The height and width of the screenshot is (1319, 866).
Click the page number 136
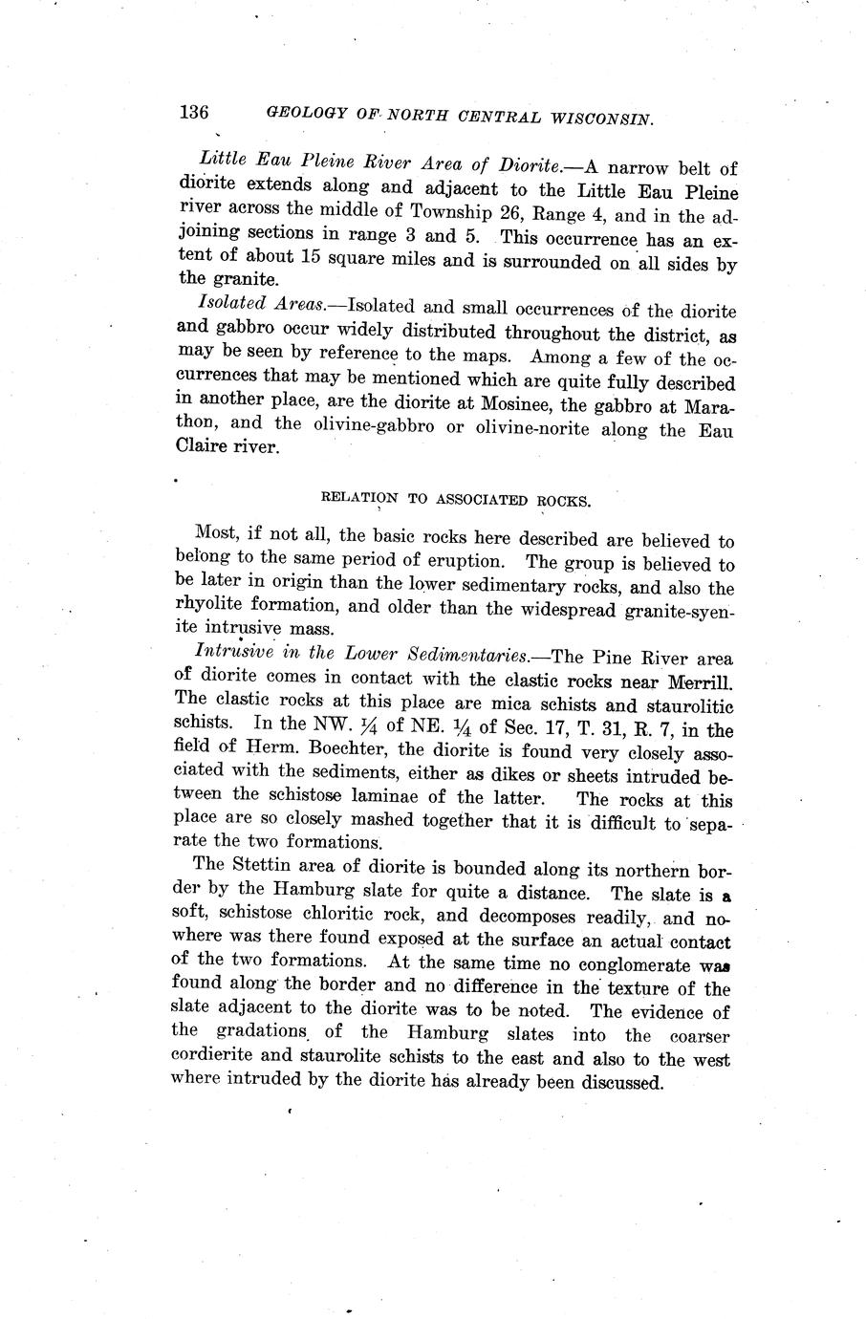coord(193,112)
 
